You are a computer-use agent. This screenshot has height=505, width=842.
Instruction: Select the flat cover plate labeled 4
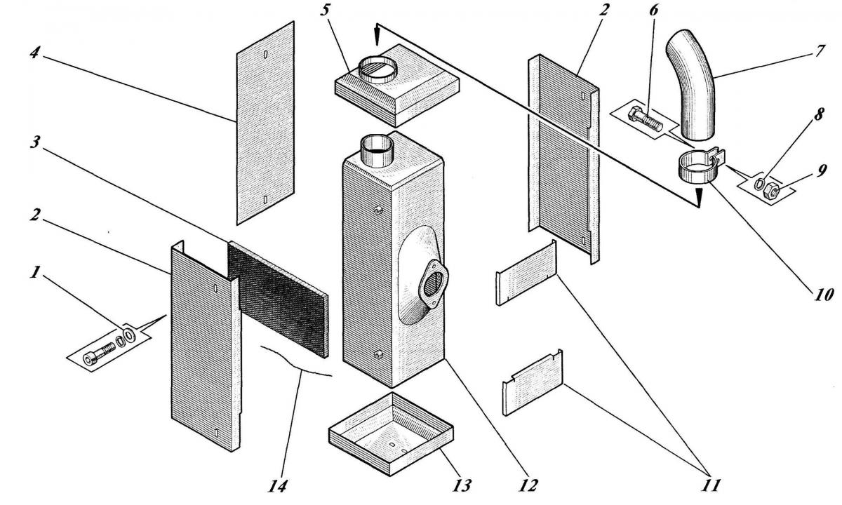[x=265, y=123]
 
